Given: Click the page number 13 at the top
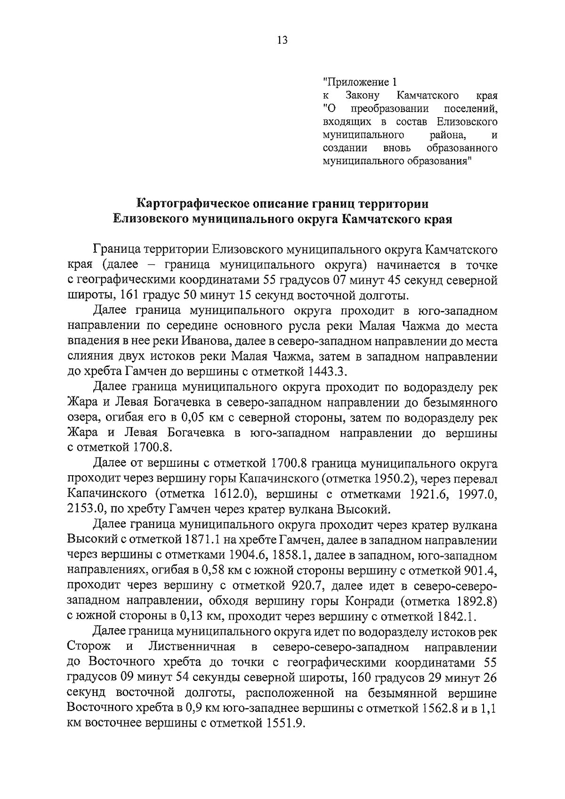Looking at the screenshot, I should (282, 40).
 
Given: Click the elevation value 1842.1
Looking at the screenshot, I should (456, 616).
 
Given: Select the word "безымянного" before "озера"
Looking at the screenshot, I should (464, 403).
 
